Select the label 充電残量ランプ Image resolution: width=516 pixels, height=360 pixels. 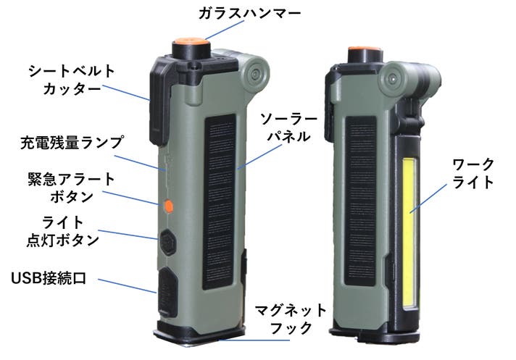(72, 141)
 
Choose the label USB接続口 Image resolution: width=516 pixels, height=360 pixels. (49, 278)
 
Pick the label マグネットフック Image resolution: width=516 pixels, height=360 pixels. (285, 319)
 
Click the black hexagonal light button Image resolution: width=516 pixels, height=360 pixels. (168, 240)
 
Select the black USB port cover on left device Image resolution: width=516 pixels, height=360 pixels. (166, 290)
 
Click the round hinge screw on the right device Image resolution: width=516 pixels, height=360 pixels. (392, 77)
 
